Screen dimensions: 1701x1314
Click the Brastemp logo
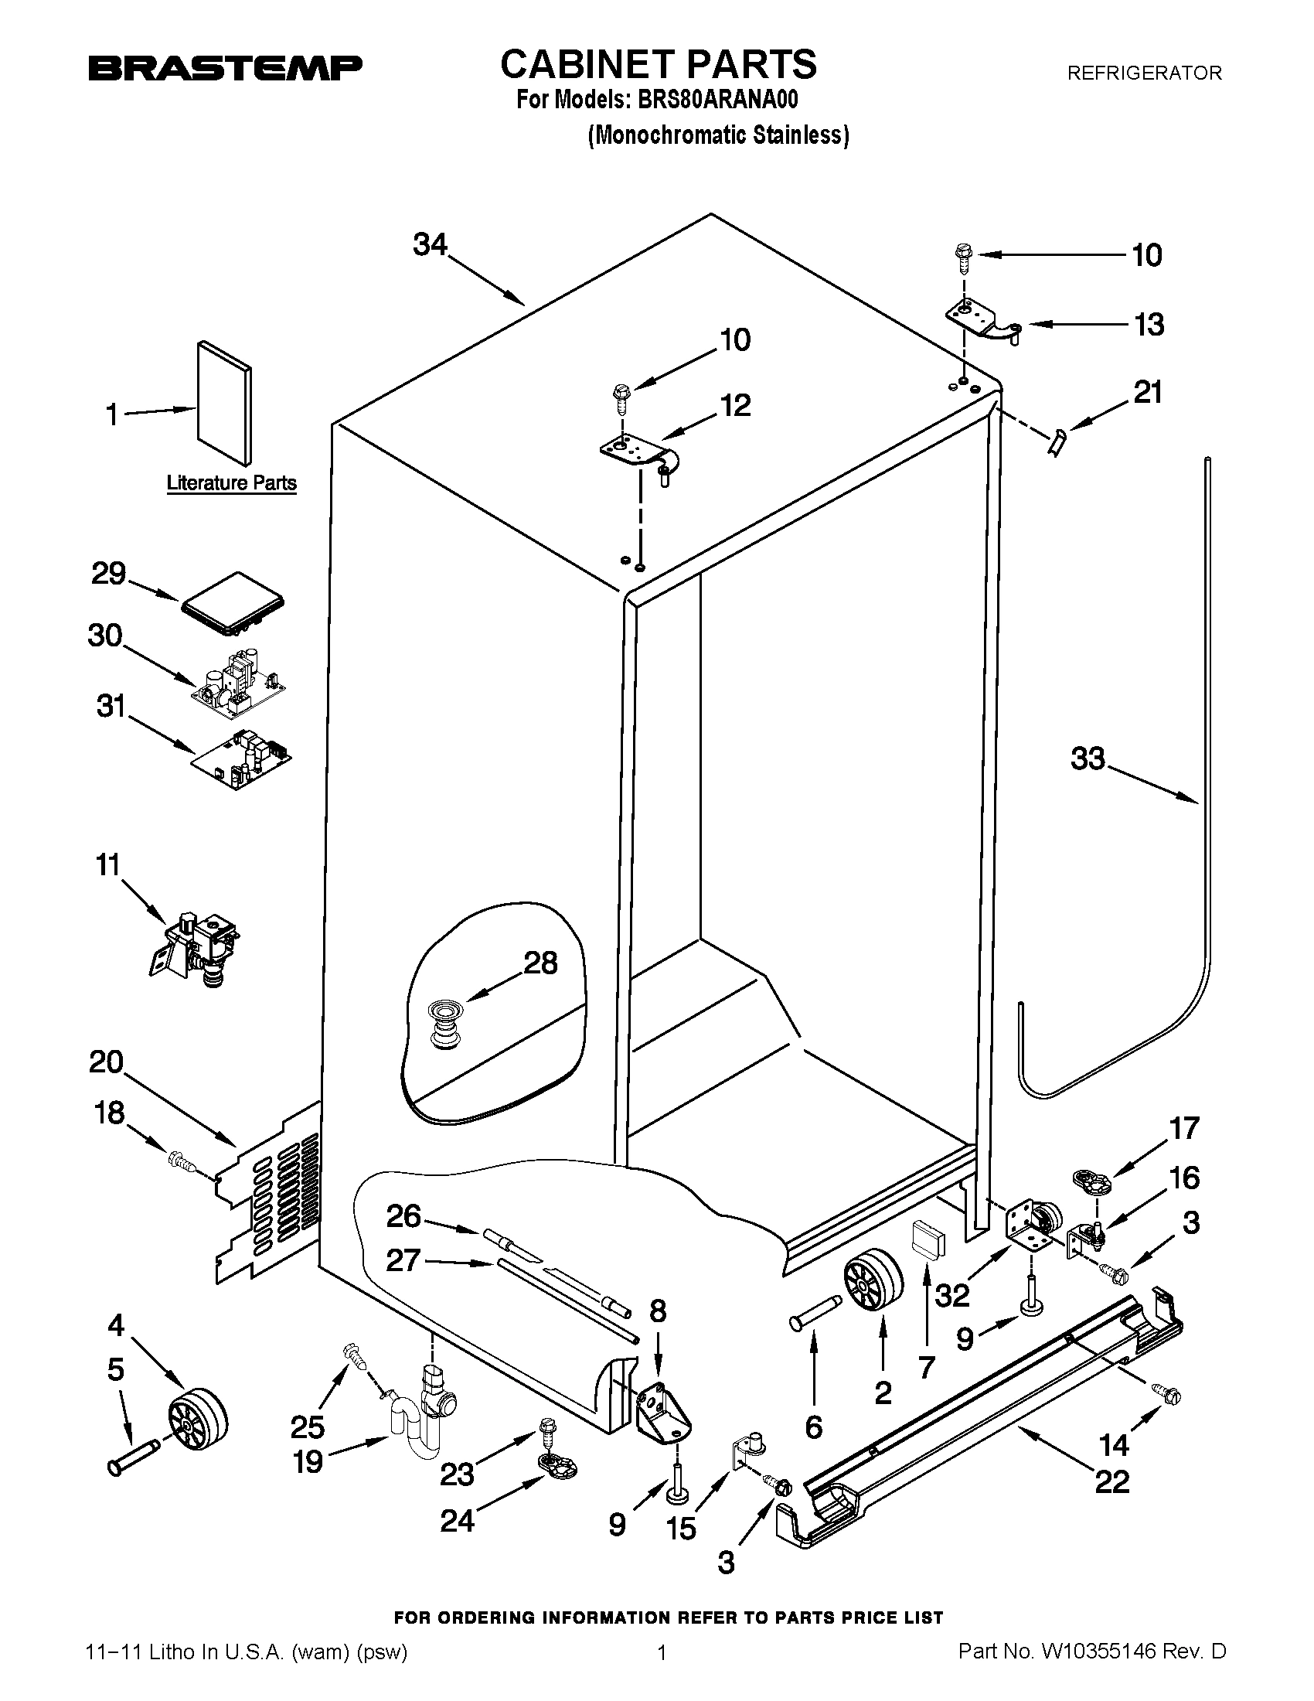225,68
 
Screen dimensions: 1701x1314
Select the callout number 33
1088,758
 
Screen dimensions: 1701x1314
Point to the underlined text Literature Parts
231,483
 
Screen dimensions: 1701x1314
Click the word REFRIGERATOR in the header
1143,73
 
